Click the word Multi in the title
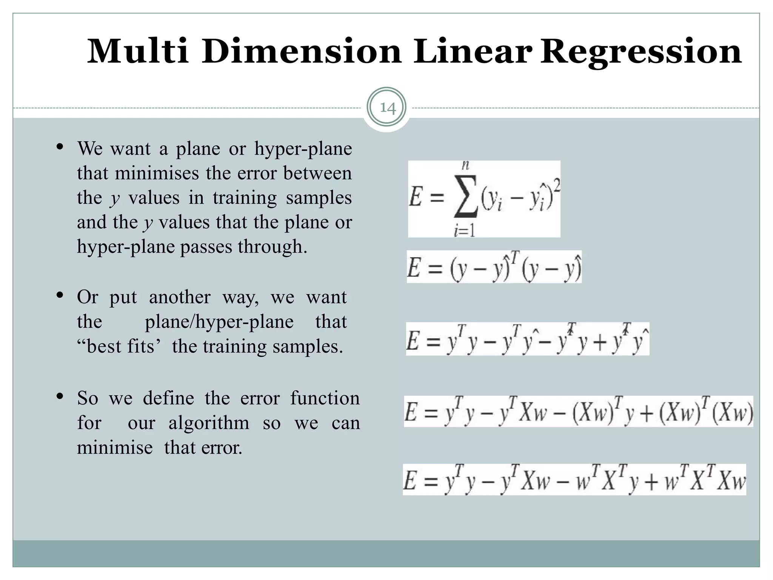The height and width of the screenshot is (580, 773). tap(138, 51)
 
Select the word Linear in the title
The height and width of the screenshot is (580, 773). tap(473, 51)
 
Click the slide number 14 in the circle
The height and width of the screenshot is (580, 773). tap(387, 108)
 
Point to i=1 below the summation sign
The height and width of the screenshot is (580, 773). tap(464, 230)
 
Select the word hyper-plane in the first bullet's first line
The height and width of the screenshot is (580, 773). tap(303, 149)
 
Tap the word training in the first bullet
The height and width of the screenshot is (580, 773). tap(245, 198)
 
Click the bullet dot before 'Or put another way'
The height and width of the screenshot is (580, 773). tap(60, 295)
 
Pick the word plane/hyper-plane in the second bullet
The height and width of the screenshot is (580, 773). tap(219, 322)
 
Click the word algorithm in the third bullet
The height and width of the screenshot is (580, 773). tap(209, 423)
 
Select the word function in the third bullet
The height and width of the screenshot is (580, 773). tap(325, 398)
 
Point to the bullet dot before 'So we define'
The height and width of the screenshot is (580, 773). tap(60, 396)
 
